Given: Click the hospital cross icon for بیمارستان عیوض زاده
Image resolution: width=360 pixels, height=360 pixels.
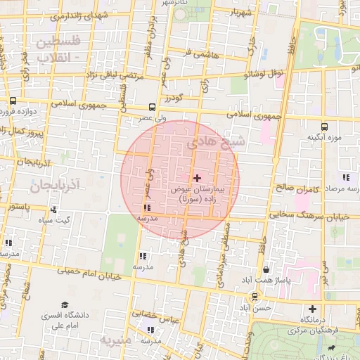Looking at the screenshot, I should [x=197, y=179].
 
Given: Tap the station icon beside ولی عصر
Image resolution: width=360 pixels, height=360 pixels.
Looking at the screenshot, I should [x=153, y=108].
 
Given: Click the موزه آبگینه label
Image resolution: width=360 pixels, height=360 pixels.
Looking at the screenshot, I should [x=323, y=137].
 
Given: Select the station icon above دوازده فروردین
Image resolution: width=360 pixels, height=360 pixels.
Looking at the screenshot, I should [x=13, y=101].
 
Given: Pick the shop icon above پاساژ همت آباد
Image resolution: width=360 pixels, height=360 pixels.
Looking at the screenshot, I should [x=266, y=269].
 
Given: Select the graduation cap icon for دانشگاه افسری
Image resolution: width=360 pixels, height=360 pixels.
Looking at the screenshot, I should [x=65, y=305].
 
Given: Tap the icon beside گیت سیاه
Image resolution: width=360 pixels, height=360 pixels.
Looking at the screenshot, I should [x=53, y=209].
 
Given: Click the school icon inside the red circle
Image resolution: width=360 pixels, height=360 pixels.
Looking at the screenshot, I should [x=146, y=207].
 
